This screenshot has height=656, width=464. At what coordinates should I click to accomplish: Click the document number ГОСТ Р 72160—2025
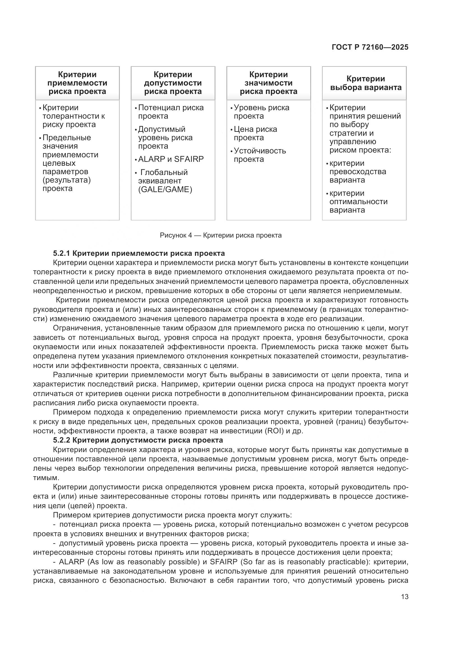click(x=370, y=47)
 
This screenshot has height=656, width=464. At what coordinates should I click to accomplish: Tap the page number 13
click(x=405, y=597)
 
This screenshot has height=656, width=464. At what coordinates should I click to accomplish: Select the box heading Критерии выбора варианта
click(x=366, y=83)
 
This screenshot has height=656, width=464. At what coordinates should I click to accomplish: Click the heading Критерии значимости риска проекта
click(x=268, y=83)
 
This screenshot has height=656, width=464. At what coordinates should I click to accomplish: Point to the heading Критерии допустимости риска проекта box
click(x=173, y=83)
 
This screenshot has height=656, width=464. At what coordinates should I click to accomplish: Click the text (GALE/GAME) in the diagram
click(x=165, y=189)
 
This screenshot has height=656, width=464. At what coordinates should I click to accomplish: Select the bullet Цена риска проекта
click(x=255, y=133)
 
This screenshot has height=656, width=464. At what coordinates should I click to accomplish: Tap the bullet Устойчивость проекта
click(x=259, y=155)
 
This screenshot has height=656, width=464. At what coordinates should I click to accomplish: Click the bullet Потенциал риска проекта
click(x=171, y=112)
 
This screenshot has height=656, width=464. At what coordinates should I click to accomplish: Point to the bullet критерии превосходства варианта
click(x=357, y=172)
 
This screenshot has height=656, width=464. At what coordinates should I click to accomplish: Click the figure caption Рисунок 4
click(x=220, y=235)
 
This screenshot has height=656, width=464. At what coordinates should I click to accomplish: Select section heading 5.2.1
click(x=139, y=254)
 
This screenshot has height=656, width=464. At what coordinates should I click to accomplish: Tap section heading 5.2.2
click(x=138, y=440)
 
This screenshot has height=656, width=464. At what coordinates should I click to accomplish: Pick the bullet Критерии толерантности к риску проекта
click(x=73, y=116)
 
